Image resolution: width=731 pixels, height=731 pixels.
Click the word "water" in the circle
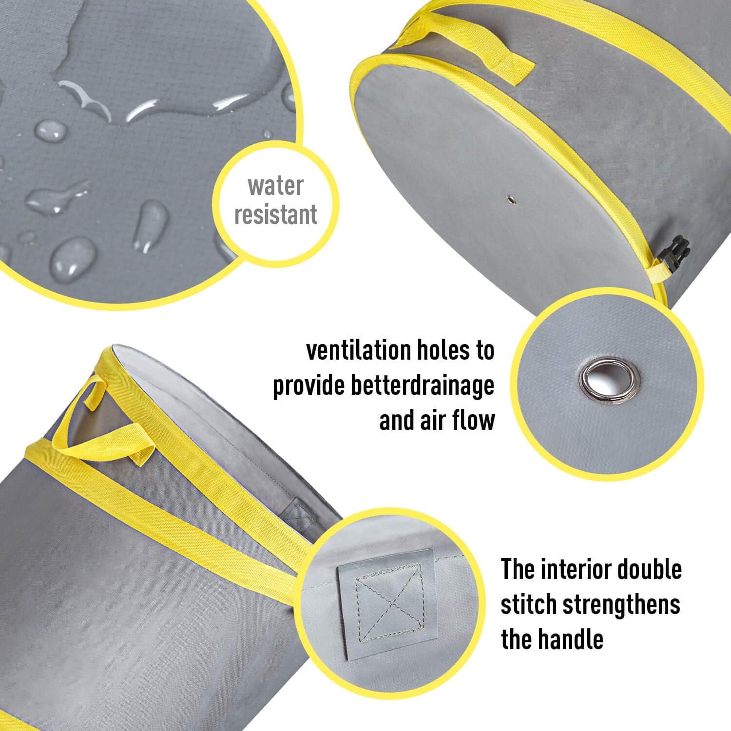tap(275, 186)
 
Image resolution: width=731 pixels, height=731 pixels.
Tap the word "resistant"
tap(275, 214)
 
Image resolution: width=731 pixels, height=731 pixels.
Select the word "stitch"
tap(529, 604)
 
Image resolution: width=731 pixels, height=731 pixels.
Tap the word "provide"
tap(303, 387)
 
